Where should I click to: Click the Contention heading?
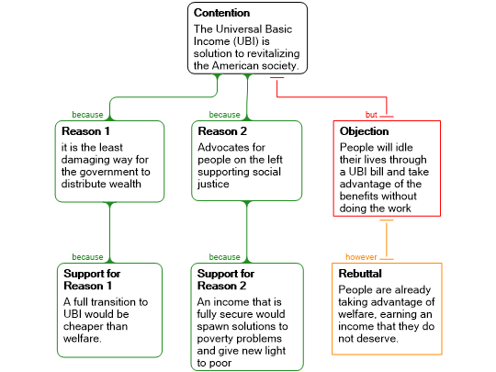pyautogui.click(x=221, y=13)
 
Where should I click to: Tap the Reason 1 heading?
pyautogui.click(x=85, y=131)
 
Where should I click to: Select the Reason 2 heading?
pyautogui.click(x=222, y=131)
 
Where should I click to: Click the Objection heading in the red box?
pyautogui.click(x=364, y=131)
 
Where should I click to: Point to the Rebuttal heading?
pyautogui.click(x=360, y=274)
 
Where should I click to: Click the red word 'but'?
pyautogui.click(x=371, y=115)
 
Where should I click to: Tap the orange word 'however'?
pyautogui.click(x=361, y=257)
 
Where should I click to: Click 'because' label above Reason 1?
pyautogui.click(x=87, y=115)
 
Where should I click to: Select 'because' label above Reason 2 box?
pyautogui.click(x=225, y=115)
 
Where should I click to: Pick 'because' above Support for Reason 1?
pyautogui.click(x=87, y=257)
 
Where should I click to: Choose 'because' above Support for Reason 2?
pyautogui.click(x=225, y=257)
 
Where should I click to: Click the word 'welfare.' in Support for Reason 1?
pyautogui.click(x=83, y=338)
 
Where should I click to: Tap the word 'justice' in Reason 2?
pyautogui.click(x=213, y=184)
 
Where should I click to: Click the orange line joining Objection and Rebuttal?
pyautogui.click(x=386, y=240)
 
